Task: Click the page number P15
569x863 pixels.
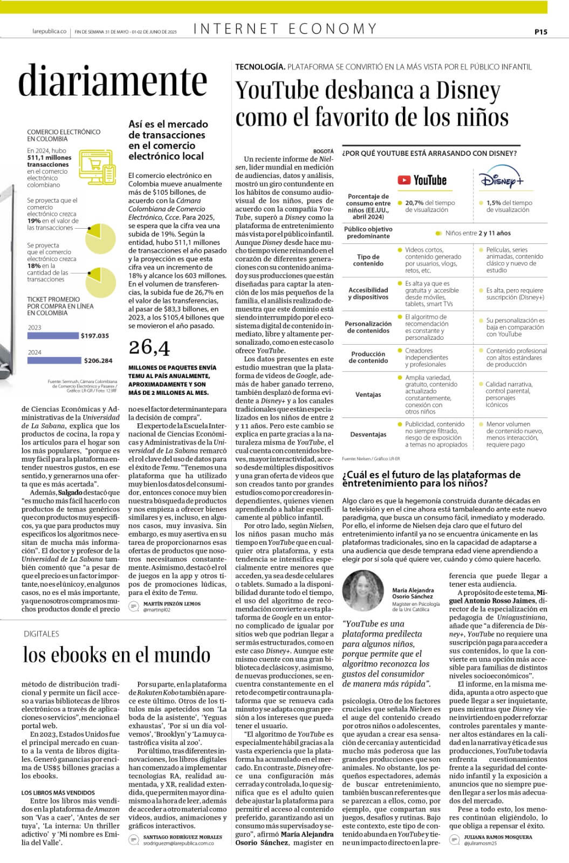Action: pos(540,32)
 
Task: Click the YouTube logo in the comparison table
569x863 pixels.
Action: pos(422,180)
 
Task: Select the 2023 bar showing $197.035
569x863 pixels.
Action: pos(53,335)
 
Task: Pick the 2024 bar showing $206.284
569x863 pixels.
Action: pos(54,360)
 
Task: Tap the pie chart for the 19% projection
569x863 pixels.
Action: pos(100,238)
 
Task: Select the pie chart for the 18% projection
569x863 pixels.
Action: pos(100,282)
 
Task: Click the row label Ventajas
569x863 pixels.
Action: pos(368,394)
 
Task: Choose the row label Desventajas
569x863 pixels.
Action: pos(368,434)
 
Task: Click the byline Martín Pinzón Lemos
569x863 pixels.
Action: pos(172,604)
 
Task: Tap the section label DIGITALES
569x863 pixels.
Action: pos(41,634)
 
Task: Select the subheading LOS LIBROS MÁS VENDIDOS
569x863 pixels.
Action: pos(58,792)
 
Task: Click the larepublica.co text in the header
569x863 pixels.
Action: pos(49,32)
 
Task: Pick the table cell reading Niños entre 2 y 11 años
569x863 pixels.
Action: pos(477,233)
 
